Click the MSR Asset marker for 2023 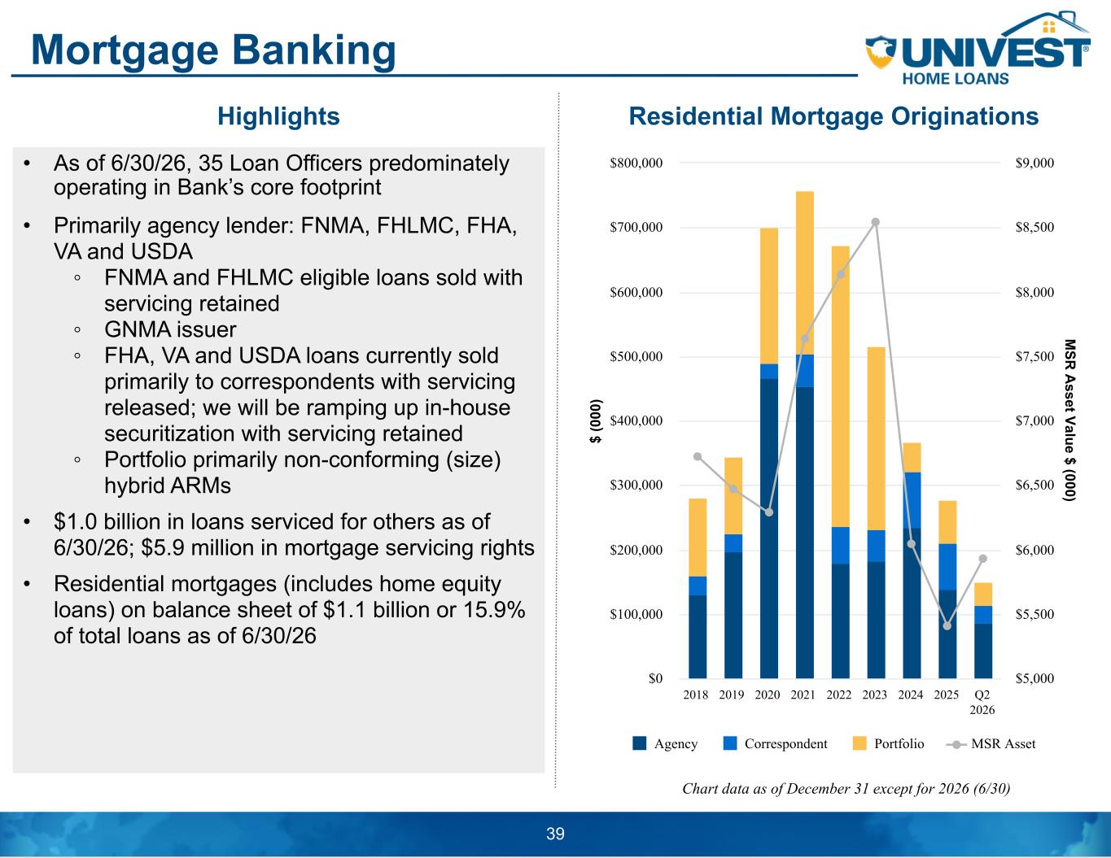875,222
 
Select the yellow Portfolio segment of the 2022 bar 841,386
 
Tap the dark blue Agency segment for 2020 769,529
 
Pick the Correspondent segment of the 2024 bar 912,500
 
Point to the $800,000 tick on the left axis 636,163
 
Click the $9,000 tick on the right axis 1034,163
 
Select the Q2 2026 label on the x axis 982,702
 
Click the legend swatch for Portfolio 859,743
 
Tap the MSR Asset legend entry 991,743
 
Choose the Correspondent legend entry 775,743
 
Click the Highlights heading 278,116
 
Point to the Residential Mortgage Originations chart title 833,116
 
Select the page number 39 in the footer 555,834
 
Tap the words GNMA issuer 170,329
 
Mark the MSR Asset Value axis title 1070,420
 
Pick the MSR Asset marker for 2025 947,625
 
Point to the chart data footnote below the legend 846,789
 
